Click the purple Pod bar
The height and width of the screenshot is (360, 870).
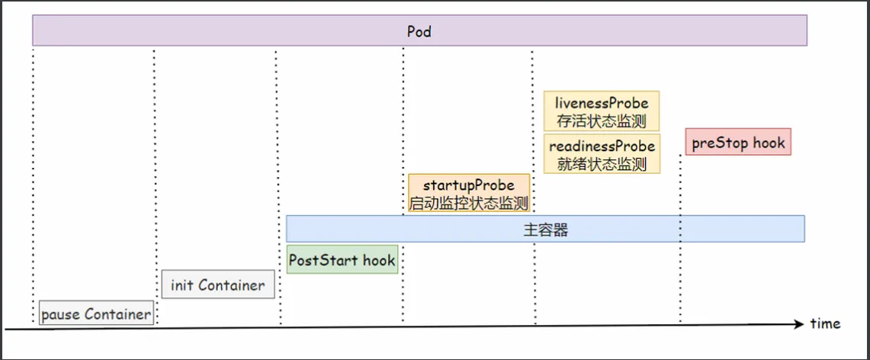pyautogui.click(x=229, y=32)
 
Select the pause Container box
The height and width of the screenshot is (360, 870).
pyautogui.click(x=95, y=313)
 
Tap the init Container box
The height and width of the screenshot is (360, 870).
pyautogui.click(x=217, y=285)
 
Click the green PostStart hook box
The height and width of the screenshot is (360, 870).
pyautogui.click(x=342, y=260)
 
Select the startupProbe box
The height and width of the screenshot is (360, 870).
pyautogui.click(x=468, y=194)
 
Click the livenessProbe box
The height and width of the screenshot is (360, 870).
pyautogui.click(x=602, y=111)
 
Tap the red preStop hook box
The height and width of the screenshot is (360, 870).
pyautogui.click(x=738, y=142)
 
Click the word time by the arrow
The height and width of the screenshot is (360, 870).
pyautogui.click(x=825, y=323)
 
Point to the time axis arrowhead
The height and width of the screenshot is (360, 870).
pyautogui.click(x=801, y=323)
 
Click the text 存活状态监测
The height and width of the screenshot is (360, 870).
pyautogui.click(x=602, y=121)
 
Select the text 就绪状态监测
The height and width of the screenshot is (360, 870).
pyautogui.click(x=602, y=164)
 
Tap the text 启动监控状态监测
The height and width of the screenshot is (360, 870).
pyautogui.click(x=468, y=203)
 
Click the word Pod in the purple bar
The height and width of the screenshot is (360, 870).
pyautogui.click(x=419, y=32)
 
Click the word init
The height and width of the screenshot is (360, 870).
pyautogui.click(x=182, y=285)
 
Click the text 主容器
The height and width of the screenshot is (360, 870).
pyautogui.click(x=545, y=230)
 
